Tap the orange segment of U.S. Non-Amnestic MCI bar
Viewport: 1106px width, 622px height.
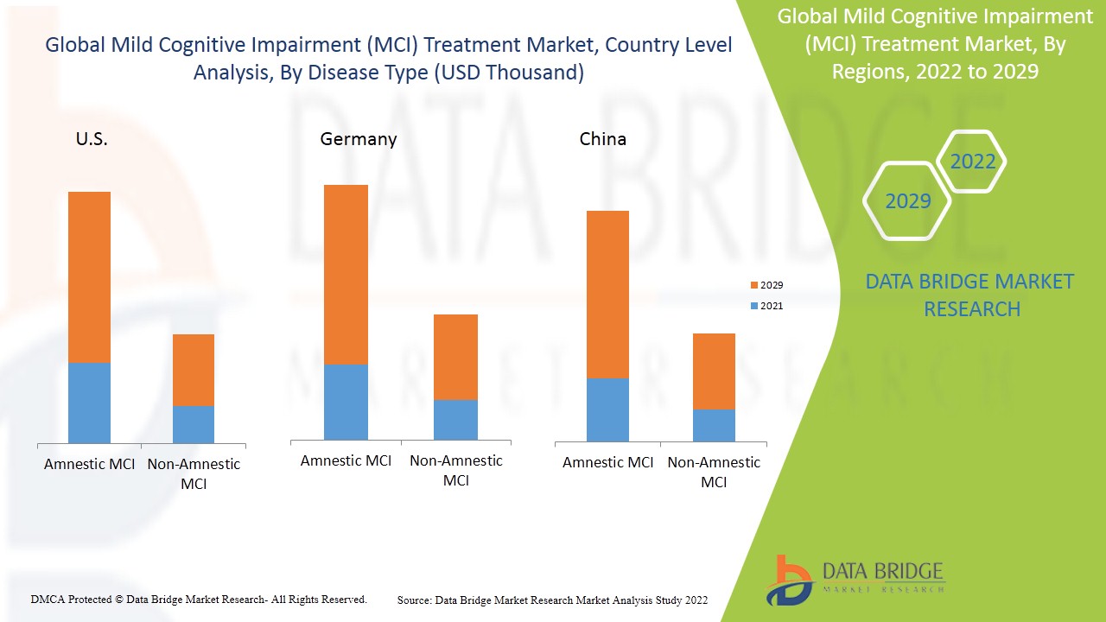194,370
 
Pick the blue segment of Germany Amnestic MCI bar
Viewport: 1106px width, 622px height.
346,402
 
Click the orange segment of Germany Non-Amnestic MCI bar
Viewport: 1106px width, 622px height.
455,357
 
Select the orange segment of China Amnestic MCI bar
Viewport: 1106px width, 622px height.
607,294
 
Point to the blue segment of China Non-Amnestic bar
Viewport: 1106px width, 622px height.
714,425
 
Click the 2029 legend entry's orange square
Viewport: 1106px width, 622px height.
753,285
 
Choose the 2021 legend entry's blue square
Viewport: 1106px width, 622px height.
753,306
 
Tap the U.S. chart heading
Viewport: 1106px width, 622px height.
92,139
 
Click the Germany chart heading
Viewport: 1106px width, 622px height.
358,139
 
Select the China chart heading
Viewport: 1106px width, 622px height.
602,139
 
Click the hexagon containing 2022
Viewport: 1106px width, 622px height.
972,162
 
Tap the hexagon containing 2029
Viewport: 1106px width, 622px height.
907,201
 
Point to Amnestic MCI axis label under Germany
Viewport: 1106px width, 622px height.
346,460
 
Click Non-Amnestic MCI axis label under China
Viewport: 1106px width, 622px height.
714,472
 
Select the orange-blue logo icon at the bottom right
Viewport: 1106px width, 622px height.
788,580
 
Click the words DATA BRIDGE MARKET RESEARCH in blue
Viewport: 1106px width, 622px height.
971,295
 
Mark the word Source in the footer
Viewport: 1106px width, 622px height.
414,600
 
